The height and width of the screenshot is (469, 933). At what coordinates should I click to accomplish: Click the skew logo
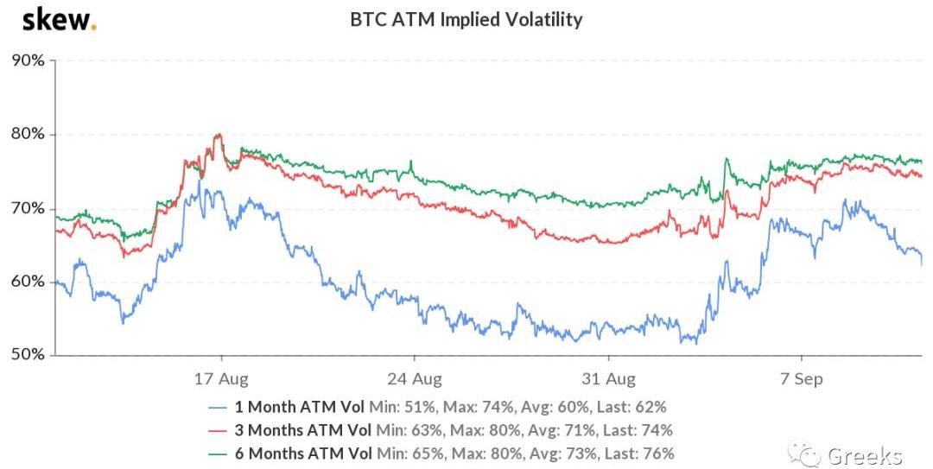(59, 19)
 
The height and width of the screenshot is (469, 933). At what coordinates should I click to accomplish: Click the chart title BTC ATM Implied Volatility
(466, 19)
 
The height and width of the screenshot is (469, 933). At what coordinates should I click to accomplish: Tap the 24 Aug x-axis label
(415, 378)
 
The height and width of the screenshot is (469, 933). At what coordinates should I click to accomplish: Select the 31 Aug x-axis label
(608, 378)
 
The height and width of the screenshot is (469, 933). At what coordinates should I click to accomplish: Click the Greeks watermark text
(864, 455)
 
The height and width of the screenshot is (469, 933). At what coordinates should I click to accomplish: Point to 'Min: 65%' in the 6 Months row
(403, 453)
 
